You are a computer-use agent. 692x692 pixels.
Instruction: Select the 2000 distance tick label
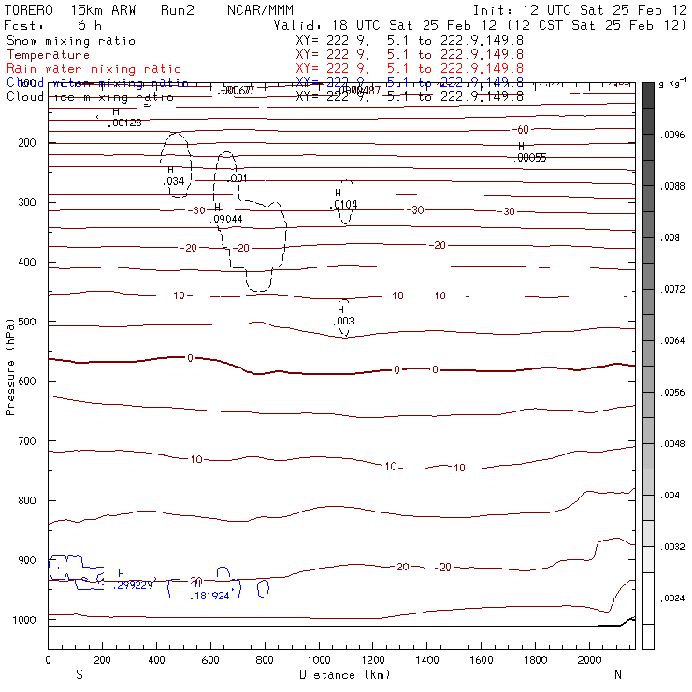(589, 660)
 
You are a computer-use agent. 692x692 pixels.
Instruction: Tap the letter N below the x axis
(617, 674)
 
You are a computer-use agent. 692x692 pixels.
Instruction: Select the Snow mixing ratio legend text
(71, 41)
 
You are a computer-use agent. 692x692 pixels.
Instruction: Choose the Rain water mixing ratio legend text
(81, 69)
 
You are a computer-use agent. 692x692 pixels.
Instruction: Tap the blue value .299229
(133, 585)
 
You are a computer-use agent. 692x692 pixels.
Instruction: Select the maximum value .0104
(344, 204)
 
